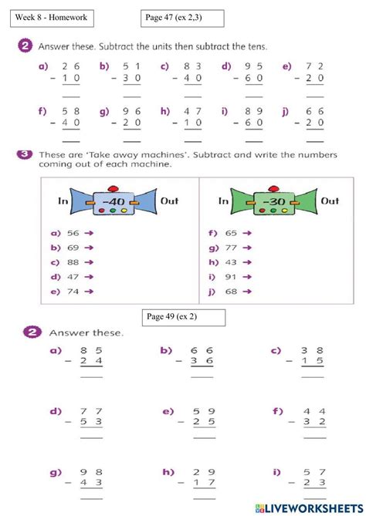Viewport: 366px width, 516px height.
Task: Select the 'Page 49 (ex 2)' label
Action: click(185, 317)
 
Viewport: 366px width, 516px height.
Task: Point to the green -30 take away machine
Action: click(276, 202)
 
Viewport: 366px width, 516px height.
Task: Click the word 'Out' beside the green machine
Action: click(330, 201)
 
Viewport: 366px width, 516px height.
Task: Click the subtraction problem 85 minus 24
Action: click(91, 359)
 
